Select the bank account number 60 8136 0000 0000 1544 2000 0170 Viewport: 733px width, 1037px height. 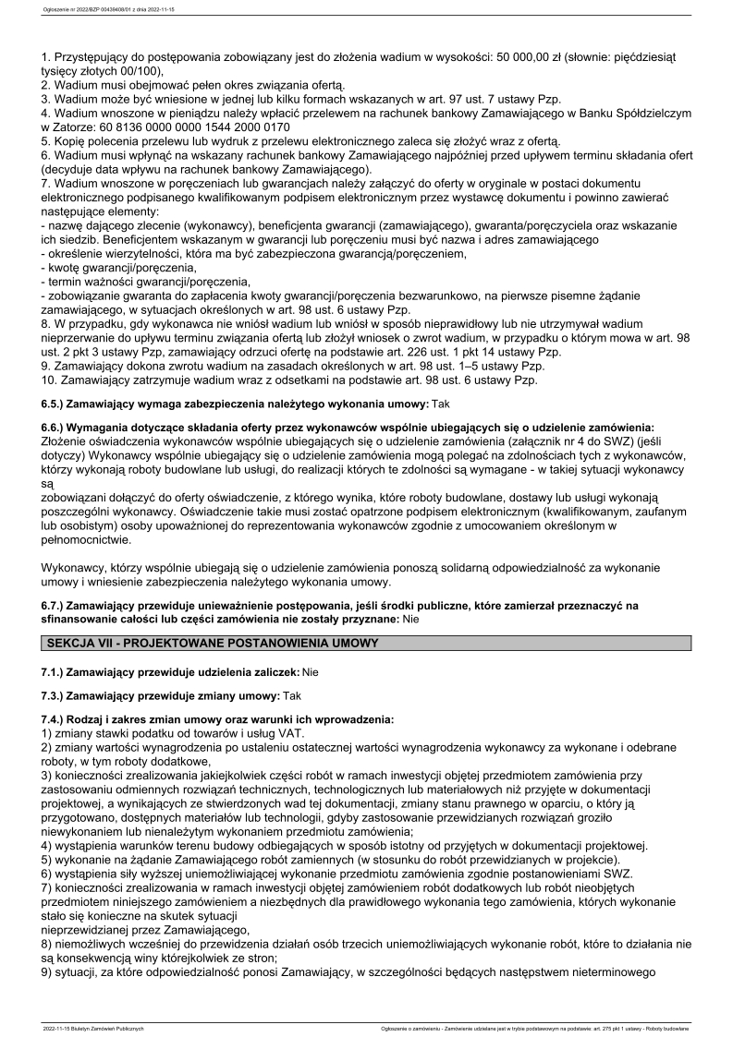point(187,127)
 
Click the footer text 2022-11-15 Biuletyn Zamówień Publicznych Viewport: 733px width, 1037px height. point(93,1027)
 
